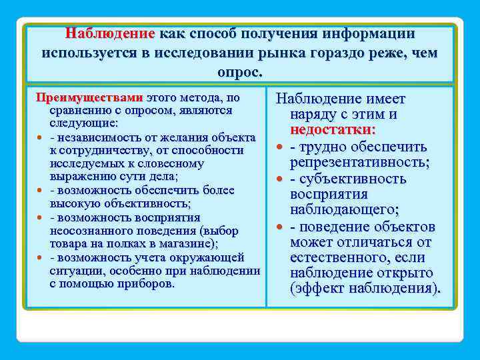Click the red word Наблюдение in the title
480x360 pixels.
tap(110, 33)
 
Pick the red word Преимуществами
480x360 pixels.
tap(89, 97)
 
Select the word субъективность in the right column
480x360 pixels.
tap(353, 179)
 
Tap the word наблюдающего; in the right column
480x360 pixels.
tap(345, 210)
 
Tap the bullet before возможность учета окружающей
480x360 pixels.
tap(41, 258)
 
